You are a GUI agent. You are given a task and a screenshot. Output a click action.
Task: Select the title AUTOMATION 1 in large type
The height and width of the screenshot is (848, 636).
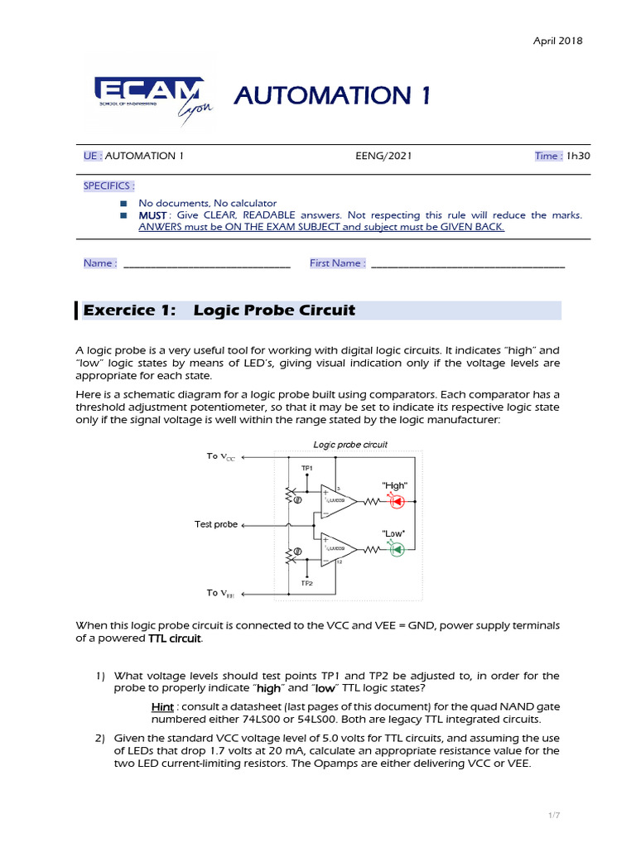(332, 96)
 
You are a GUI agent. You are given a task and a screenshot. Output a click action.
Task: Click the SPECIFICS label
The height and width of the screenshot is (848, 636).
(108, 185)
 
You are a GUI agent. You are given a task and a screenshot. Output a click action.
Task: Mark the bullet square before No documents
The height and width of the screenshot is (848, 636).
(123, 203)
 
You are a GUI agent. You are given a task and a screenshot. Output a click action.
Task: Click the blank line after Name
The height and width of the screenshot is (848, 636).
(205, 263)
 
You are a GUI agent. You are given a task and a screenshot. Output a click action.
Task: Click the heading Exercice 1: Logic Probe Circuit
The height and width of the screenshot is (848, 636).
(274, 311)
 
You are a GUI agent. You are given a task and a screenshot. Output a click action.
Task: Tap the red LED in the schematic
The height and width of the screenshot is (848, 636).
(396, 502)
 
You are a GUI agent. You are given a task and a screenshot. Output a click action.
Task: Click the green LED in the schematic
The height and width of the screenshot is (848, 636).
(396, 549)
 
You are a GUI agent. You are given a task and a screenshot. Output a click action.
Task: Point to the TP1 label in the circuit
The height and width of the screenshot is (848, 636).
(307, 468)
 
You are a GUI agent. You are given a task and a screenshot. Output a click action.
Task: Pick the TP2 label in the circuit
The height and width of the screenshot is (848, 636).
(307, 583)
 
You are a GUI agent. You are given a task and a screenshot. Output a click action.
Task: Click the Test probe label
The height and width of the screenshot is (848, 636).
(215, 524)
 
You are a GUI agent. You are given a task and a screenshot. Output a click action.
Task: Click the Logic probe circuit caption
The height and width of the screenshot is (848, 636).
(350, 445)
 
